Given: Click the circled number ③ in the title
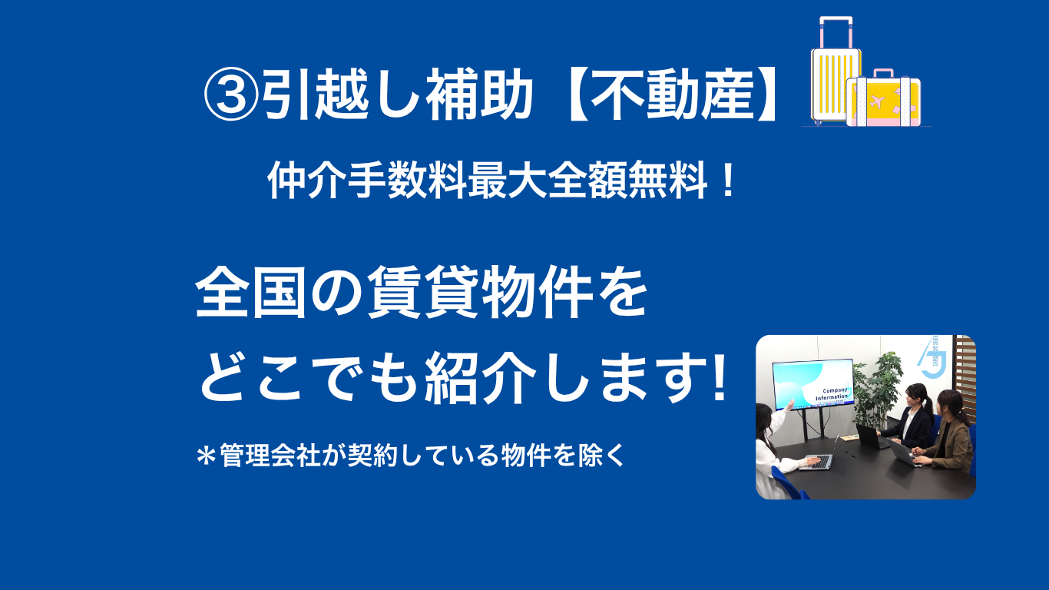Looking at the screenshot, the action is point(231,95).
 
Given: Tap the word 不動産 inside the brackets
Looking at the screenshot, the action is point(673,94).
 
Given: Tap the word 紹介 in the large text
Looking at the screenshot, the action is point(480,377).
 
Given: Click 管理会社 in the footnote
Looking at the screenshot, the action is point(270,455).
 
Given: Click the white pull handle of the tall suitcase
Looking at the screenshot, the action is point(836,31).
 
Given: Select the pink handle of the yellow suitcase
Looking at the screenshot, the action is point(884,73).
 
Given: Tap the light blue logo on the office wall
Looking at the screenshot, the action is point(931,357).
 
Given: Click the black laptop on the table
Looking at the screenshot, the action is point(869,436).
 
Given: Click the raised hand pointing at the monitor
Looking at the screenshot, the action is point(789,404).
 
